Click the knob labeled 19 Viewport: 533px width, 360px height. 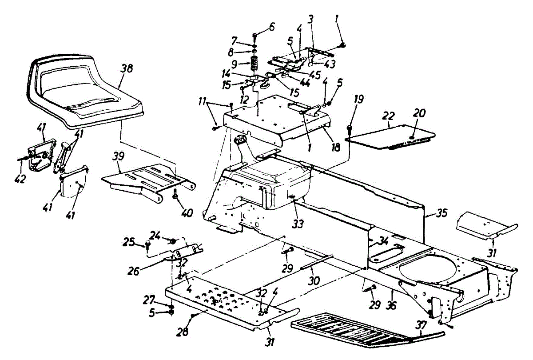coord(350,129)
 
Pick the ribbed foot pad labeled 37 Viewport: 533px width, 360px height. coord(364,331)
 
